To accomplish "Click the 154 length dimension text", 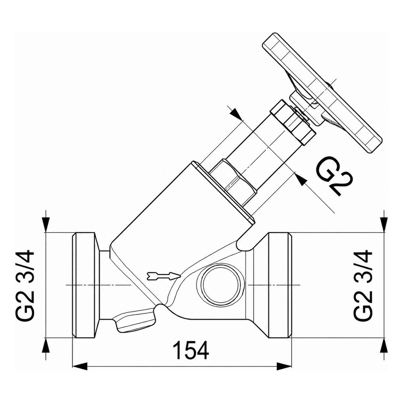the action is coord(191,350).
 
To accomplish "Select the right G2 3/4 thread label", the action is coord(363,285).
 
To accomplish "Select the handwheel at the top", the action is coord(322,93).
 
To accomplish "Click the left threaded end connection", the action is coord(85,285).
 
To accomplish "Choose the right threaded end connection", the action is coord(280,285).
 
